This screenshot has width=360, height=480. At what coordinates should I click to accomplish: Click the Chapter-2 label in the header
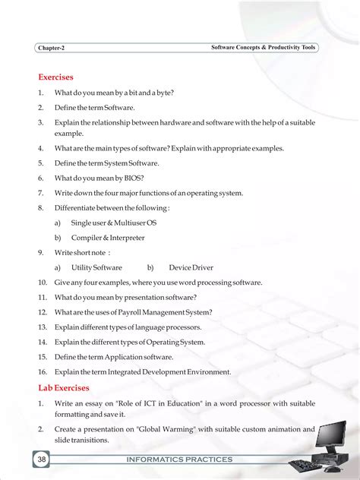pyautogui.click(x=51, y=48)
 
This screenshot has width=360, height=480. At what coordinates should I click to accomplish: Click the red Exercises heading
pyautogui.click(x=55, y=77)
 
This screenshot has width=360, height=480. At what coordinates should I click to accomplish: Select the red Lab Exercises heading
pyautogui.click(x=64, y=387)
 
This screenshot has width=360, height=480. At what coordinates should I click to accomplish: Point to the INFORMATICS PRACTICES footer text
pyautogui.click(x=180, y=459)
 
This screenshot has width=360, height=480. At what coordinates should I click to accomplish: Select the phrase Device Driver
pyautogui.click(x=191, y=267)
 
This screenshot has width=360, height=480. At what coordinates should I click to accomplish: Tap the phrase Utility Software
pyautogui.click(x=96, y=267)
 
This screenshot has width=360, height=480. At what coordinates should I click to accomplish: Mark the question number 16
pyautogui.click(x=43, y=371)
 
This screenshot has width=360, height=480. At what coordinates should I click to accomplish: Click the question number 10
pyautogui.click(x=43, y=282)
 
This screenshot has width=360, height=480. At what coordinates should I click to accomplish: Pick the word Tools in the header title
pyautogui.click(x=307, y=47)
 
